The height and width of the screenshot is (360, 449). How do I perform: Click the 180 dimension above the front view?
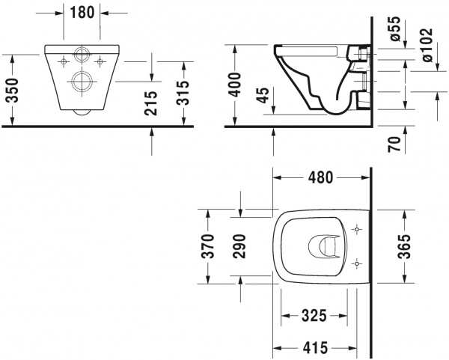coord(82,12)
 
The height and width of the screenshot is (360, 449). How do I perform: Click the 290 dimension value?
coord(239,245)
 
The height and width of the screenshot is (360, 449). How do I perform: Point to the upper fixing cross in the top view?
coord(356,228)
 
